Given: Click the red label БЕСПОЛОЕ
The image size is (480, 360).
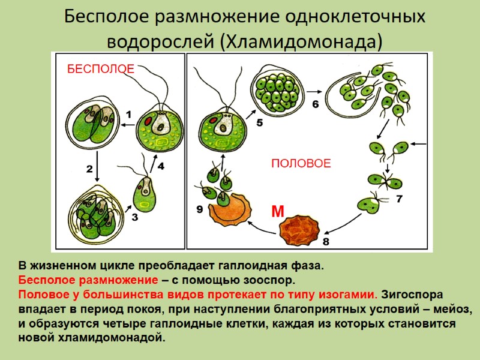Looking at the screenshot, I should (x=100, y=69).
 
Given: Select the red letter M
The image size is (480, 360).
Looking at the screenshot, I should (x=277, y=211).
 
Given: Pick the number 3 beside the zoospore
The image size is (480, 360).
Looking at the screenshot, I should (x=134, y=218).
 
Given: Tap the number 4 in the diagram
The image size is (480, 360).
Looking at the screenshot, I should (x=160, y=166).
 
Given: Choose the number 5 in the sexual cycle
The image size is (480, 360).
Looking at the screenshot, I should (x=259, y=123).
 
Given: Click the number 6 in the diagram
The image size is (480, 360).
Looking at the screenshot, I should (x=316, y=103).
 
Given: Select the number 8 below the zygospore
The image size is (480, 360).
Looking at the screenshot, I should (x=326, y=241).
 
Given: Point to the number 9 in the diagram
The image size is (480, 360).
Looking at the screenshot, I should (x=200, y=209).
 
